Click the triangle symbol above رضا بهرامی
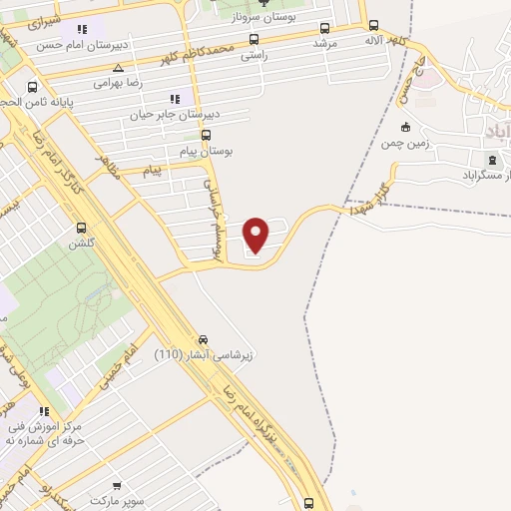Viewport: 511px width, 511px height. point(119,69)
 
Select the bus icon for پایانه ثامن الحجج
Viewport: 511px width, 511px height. point(33,87)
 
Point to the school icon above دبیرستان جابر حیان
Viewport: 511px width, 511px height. point(175,99)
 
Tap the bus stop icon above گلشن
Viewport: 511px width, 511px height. point(80,228)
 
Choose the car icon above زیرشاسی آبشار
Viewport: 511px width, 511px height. point(204,339)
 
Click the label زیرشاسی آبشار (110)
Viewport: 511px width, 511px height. point(205,354)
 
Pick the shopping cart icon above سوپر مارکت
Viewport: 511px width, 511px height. point(117,484)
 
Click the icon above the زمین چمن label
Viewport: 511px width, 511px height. point(404,127)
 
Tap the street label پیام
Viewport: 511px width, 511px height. point(152,171)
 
